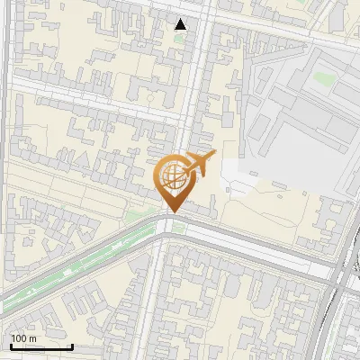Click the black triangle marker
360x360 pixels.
click(181, 24)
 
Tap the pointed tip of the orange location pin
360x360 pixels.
click(172, 211)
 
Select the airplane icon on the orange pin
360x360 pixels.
click(200, 164)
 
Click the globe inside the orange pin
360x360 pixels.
click(172, 175)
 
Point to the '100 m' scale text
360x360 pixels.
click(23, 338)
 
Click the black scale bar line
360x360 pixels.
click(41, 346)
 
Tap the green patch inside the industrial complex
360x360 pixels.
click(322, 79)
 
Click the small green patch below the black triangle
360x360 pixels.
click(180, 39)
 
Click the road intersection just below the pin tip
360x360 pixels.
click(168, 223)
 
